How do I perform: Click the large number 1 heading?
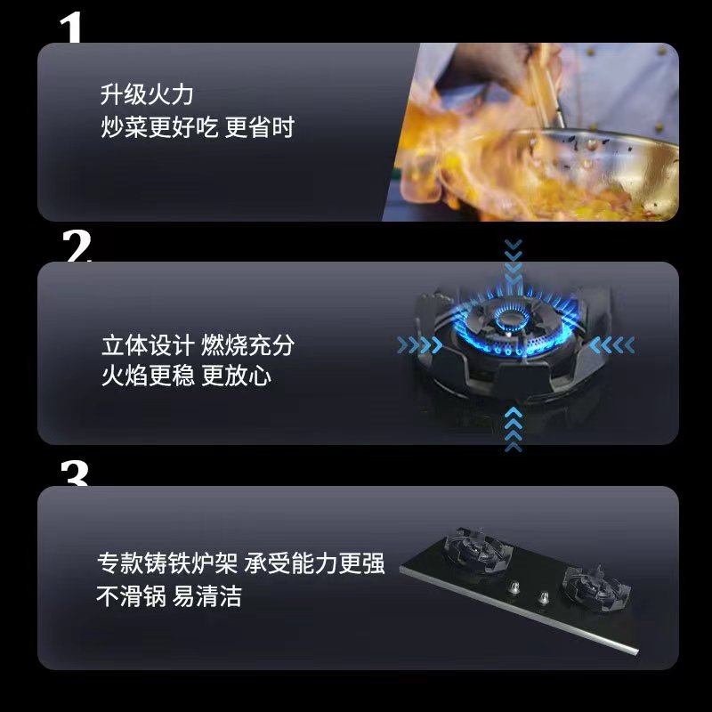pyautogui.click(x=72, y=28)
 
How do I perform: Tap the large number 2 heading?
pyautogui.click(x=77, y=246)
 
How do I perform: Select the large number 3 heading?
pyautogui.click(x=75, y=473)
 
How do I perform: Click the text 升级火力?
pyautogui.click(x=147, y=94)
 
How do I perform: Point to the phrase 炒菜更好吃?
pyautogui.click(x=159, y=127)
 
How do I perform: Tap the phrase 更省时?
pyautogui.click(x=260, y=127)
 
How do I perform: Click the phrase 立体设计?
pyautogui.click(x=148, y=345)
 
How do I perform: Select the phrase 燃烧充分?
pyautogui.click(x=248, y=345)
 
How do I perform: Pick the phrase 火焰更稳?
pyautogui.click(x=148, y=376)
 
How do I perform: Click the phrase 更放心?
pyautogui.click(x=236, y=376)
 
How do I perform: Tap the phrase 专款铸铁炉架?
pyautogui.click(x=167, y=563)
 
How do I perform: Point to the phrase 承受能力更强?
pyautogui.click(x=314, y=563)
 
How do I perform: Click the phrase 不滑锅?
pyautogui.click(x=131, y=596)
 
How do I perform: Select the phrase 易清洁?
pyautogui.click(x=207, y=596)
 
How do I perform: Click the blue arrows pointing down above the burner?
pyautogui.click(x=514, y=259)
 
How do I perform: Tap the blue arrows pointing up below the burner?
pyautogui.click(x=514, y=430)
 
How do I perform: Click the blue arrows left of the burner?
pyautogui.click(x=419, y=345)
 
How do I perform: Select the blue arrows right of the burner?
pyautogui.click(x=611, y=345)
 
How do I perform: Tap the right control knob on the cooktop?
pyautogui.click(x=543, y=598)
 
